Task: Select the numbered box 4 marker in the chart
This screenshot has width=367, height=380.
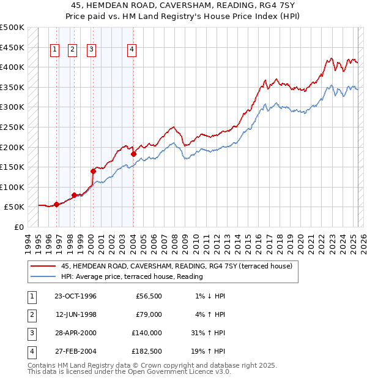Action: click(x=132, y=50)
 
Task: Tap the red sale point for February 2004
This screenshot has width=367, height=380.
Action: click(x=133, y=154)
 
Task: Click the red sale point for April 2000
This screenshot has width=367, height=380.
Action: click(x=94, y=171)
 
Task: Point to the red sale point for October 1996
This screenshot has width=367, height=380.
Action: click(x=56, y=204)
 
